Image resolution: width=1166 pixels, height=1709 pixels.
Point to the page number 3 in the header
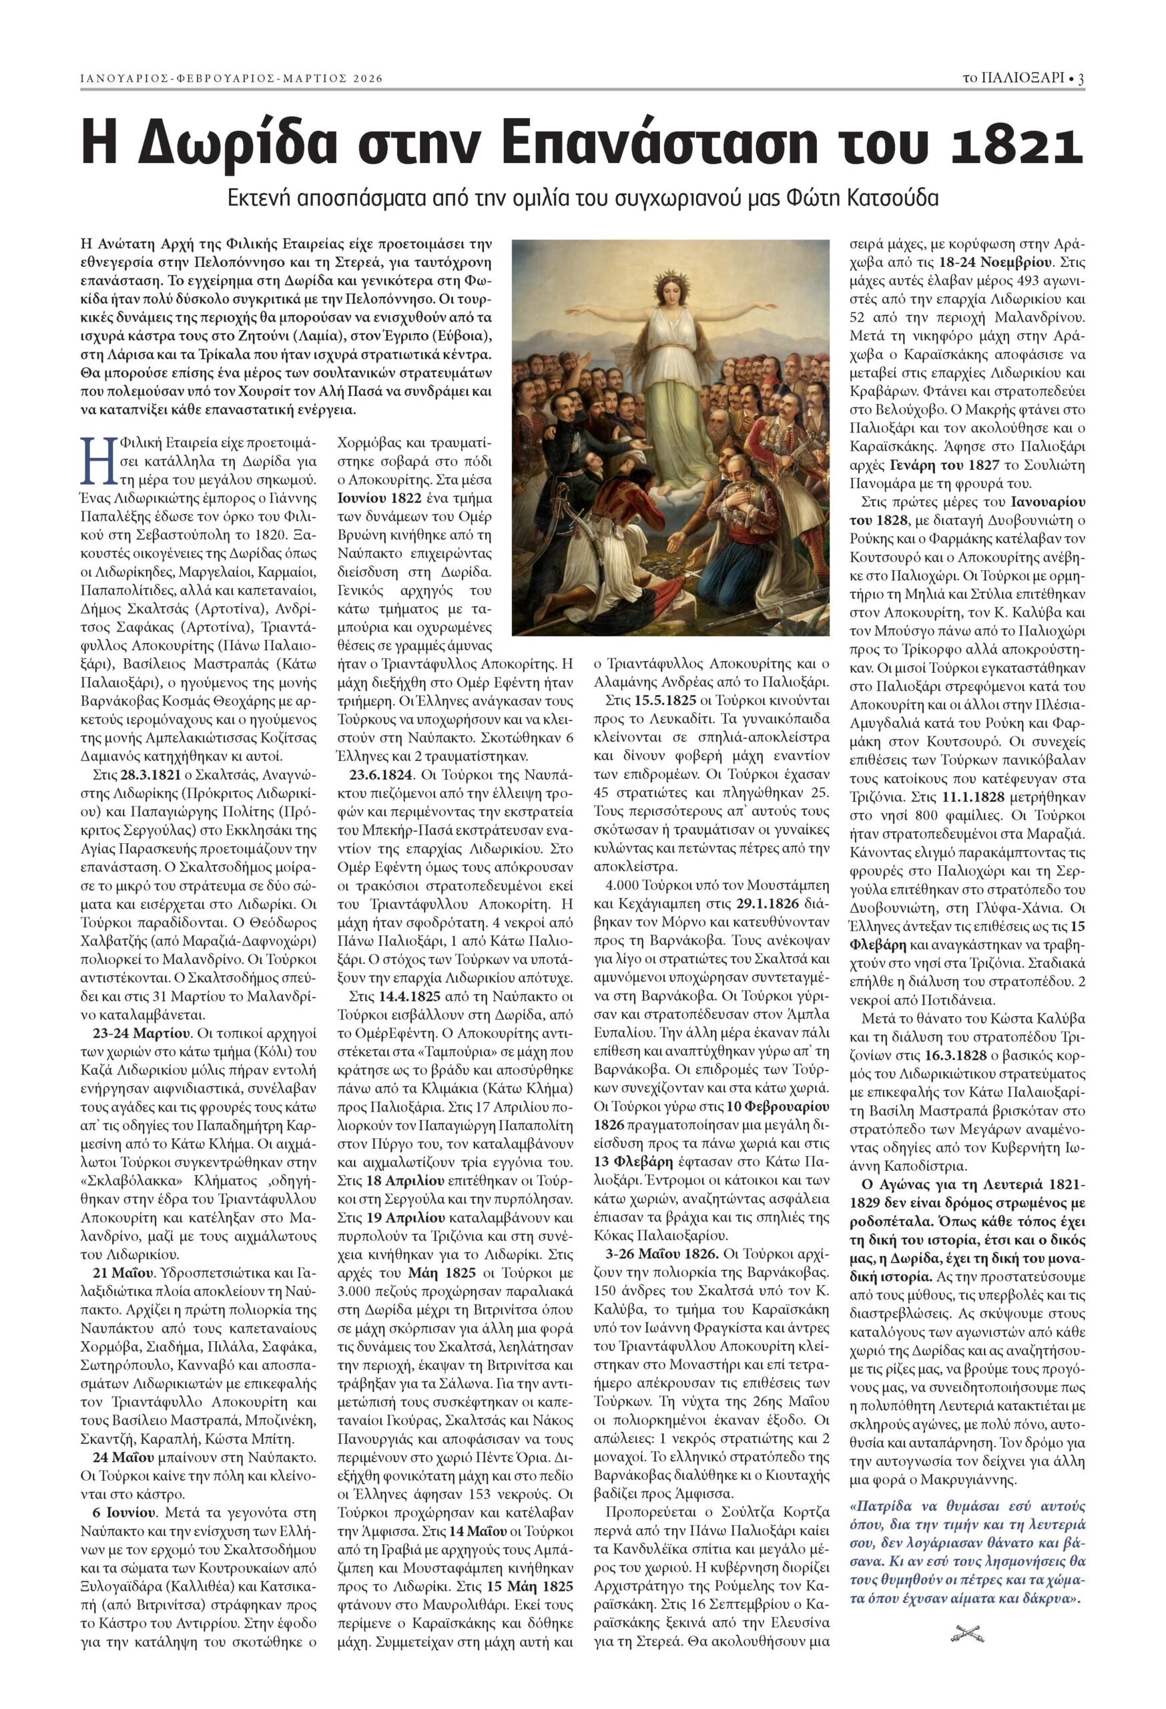pos(1081,79)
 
